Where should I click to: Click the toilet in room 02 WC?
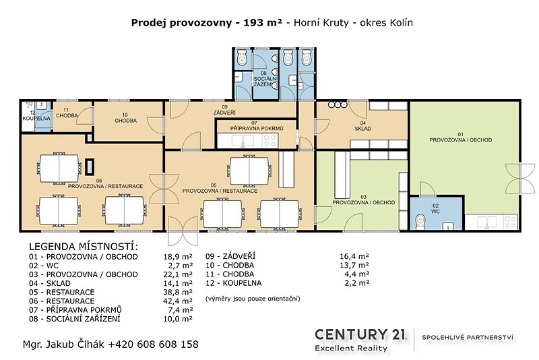pyautogui.click(x=420, y=222)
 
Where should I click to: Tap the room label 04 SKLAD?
pyautogui.click(x=363, y=126)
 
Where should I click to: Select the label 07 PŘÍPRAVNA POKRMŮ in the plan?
pyautogui.click(x=257, y=126)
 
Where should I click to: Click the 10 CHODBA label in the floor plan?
pyautogui.click(x=125, y=118)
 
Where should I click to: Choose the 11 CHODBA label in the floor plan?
pyautogui.click(x=67, y=113)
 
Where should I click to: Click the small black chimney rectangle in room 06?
pyautogui.click(x=90, y=167)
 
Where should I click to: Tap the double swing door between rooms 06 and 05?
pyautogui.click(x=164, y=189)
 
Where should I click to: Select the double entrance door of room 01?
pyautogui.click(x=519, y=178)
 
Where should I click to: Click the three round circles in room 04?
pyautogui.click(x=338, y=104)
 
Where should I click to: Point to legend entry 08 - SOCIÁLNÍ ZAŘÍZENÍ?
pyautogui.click(x=75, y=319)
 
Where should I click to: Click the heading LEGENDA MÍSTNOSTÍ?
pyautogui.click(x=84, y=247)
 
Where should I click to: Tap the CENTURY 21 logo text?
pyautogui.click(x=360, y=334)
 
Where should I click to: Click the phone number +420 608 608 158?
pyautogui.click(x=154, y=344)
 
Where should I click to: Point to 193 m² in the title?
pyautogui.click(x=263, y=23)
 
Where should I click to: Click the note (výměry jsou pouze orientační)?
pyautogui.click(x=253, y=299)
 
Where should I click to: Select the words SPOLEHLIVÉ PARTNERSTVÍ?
pyautogui.click(x=468, y=337)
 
